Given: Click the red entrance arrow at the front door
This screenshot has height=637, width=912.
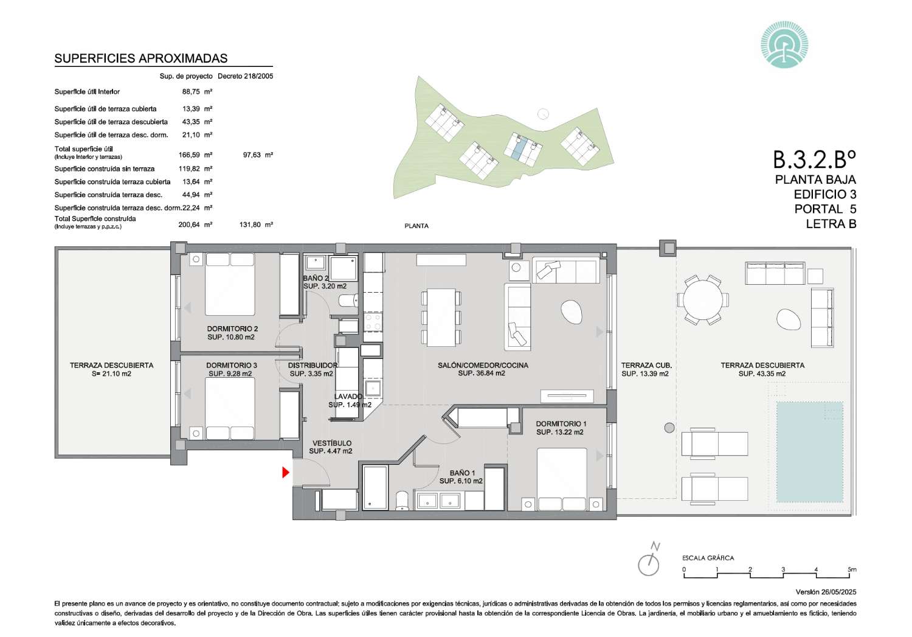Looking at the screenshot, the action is (285, 473).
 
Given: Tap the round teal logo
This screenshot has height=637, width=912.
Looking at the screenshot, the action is (784, 45).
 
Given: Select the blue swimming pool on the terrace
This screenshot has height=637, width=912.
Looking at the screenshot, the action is (809, 451).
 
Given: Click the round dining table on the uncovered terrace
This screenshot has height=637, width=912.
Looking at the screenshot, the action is (703, 301).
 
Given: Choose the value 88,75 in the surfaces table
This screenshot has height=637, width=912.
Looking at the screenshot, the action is (191, 92).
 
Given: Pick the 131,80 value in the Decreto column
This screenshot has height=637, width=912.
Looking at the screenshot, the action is (250, 225).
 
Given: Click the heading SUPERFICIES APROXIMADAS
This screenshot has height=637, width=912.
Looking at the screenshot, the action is (141, 58).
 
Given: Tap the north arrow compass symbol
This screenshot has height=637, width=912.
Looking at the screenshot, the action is (649, 560).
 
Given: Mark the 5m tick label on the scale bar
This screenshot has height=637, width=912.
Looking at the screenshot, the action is (852, 569).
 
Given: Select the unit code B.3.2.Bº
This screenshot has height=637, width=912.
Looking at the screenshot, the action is (814, 159).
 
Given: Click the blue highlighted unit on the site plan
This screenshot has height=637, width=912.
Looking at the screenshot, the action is (518, 148).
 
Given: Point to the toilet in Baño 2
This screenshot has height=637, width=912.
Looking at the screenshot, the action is (349, 301).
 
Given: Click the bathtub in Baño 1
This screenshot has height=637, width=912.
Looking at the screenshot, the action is (375, 488).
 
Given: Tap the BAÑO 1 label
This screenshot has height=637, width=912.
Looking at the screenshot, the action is (462, 473).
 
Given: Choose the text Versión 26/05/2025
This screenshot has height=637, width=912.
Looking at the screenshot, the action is (826, 592).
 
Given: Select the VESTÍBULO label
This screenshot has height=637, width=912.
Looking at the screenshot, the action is (332, 443).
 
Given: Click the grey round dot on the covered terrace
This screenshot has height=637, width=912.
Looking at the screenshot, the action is (669, 428).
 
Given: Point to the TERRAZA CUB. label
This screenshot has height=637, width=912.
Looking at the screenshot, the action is (646, 365).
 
